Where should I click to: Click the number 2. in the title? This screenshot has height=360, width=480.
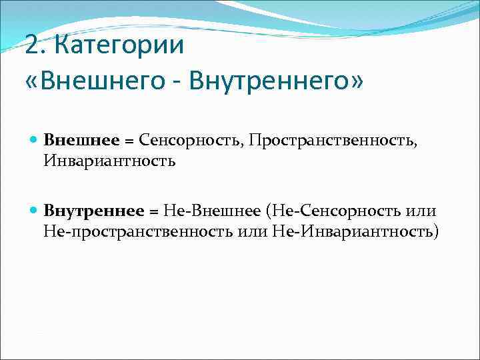34,46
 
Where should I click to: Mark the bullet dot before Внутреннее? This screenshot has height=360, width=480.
33,211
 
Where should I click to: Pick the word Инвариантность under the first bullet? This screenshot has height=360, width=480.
109,161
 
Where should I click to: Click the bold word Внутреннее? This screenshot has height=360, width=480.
94,211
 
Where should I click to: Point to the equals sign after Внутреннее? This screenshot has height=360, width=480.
153,211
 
